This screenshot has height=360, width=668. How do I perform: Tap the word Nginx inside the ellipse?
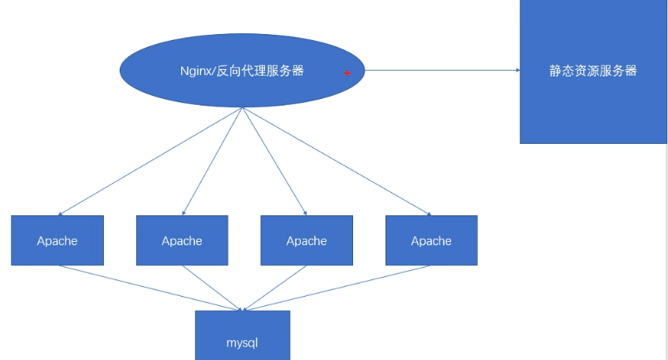197,71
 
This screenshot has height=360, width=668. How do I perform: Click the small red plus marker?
347,73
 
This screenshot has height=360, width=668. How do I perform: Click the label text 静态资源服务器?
593,71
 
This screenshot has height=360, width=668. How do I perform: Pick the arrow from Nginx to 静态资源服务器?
440,71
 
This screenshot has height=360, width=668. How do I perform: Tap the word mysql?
243,342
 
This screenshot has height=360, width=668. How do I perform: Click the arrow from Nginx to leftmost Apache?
150,161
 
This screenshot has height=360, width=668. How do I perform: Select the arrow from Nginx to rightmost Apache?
336,161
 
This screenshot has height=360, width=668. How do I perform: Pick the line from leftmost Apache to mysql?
150,288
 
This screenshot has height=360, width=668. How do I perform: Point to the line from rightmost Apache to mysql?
336,288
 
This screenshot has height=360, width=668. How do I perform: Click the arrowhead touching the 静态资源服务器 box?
516,71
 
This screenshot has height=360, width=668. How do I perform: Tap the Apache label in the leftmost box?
57,241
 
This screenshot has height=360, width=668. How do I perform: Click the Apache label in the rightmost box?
431,241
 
